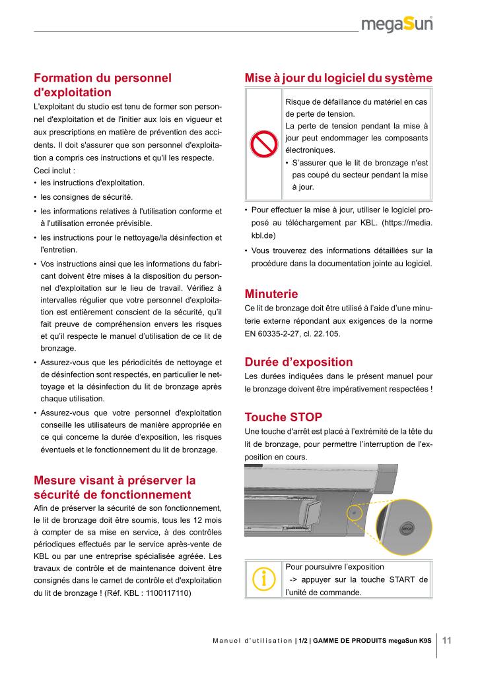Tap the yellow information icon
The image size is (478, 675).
click(x=263, y=578)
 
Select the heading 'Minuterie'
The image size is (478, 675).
click(x=271, y=294)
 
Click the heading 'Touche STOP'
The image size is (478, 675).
click(x=283, y=417)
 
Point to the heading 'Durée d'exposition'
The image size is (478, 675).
click(x=298, y=362)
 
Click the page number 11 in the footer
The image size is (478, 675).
click(x=446, y=640)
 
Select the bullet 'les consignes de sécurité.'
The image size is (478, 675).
click(x=86, y=197)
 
